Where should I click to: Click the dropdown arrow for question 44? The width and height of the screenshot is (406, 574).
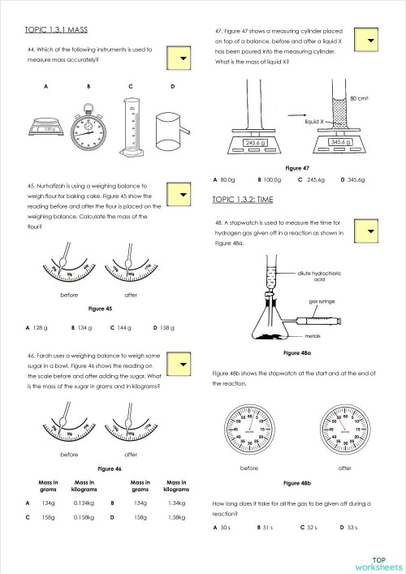[x=183, y=58]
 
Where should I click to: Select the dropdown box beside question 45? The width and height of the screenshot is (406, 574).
[x=183, y=196]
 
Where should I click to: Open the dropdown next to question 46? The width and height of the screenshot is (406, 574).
[x=183, y=365]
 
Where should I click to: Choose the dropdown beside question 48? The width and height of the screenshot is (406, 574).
[x=370, y=231]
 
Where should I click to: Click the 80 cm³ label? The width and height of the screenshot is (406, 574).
[x=359, y=98]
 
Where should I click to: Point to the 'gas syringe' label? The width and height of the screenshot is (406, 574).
[x=322, y=301]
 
